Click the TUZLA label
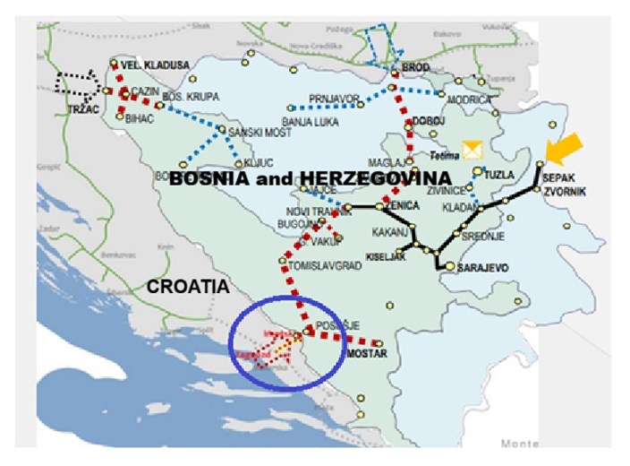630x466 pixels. (x=500, y=175)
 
